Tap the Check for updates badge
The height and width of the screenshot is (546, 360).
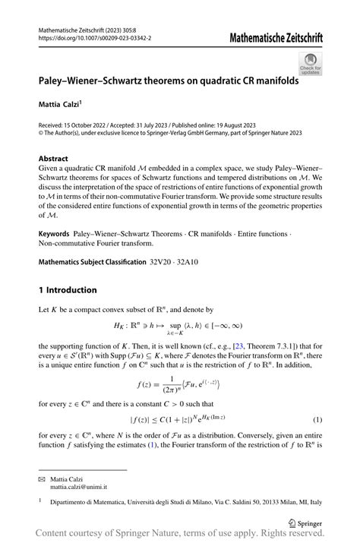tap(310, 64)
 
